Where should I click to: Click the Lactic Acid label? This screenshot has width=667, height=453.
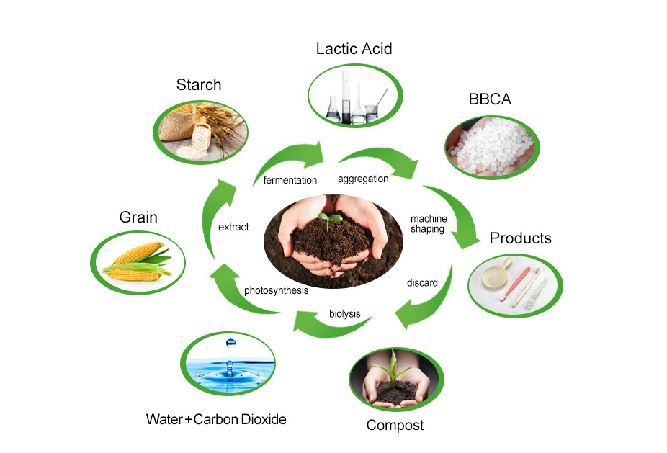(x=354, y=49)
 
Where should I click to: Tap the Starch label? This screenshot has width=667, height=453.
(x=199, y=85)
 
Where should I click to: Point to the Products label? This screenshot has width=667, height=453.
(x=520, y=238)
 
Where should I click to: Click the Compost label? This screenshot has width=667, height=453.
(x=395, y=425)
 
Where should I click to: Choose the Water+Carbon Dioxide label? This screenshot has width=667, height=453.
(x=216, y=419)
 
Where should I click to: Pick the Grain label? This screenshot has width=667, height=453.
(x=138, y=217)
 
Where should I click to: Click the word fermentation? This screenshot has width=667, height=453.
(x=290, y=180)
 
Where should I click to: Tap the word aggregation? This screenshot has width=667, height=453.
(x=363, y=179)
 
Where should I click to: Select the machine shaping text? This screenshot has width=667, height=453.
(x=429, y=224)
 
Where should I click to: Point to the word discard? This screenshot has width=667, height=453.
(x=422, y=283)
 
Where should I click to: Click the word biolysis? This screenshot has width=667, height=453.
(x=344, y=314)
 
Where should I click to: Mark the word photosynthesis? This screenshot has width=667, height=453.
(x=276, y=291)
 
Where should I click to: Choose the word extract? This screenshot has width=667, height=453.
(x=233, y=228)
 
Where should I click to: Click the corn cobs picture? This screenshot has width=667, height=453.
(x=138, y=261)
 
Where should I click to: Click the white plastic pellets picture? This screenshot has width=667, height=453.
(x=489, y=141)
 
